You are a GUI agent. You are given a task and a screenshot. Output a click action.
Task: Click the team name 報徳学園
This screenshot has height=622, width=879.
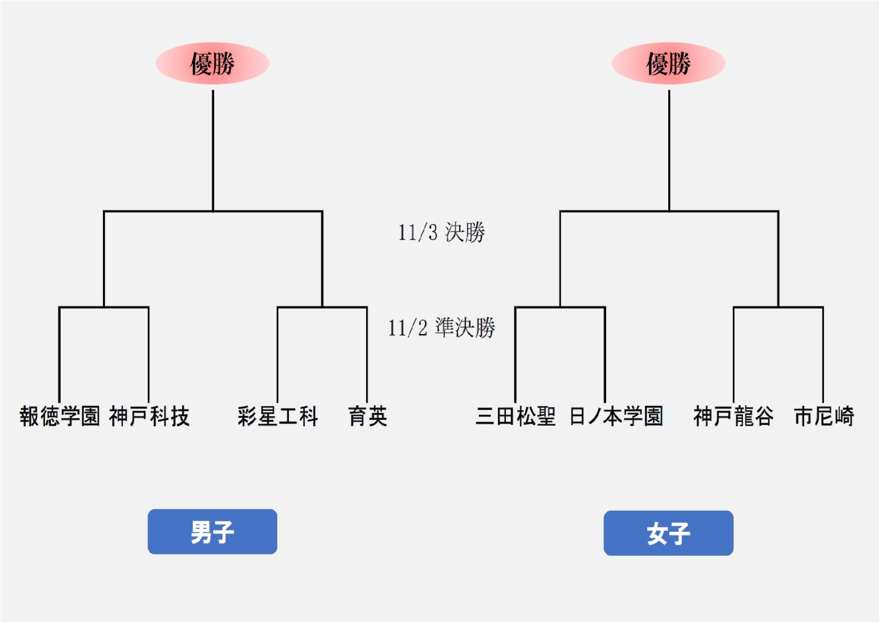coord(60,417)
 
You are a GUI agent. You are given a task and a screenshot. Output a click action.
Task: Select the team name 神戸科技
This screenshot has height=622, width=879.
coord(149,417)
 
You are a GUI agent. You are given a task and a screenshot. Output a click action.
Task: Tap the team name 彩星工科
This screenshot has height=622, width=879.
coord(278,417)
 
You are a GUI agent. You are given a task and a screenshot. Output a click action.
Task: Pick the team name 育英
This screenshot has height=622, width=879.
coord(367,417)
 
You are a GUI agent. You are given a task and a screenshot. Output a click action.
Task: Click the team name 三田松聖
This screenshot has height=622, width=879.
coord(515,417)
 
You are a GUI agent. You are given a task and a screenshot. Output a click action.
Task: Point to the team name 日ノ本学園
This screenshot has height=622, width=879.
coord(616,417)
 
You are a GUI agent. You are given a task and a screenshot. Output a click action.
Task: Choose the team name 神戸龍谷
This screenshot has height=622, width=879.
coord(733,417)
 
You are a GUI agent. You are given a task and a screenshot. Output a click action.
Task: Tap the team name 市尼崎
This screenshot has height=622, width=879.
coord(824,417)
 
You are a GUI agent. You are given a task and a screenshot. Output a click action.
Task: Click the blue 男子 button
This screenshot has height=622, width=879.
coord(212,531)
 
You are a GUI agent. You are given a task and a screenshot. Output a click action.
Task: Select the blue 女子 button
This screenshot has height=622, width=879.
coord(668,533)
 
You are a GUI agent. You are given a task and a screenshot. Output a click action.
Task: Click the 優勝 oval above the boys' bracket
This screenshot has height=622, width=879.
coord(212,63)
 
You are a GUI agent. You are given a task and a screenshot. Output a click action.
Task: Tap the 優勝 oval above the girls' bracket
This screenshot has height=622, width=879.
coord(668,63)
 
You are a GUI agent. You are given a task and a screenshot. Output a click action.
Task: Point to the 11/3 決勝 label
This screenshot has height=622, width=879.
coord(441,232)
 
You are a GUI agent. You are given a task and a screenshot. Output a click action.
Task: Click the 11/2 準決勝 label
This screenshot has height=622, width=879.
coord(441,328)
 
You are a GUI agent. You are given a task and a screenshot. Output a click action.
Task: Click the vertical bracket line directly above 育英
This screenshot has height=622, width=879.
coord(367,354)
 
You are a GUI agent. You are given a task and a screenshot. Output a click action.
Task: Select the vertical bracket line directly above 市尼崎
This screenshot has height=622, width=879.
coord(823,354)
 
